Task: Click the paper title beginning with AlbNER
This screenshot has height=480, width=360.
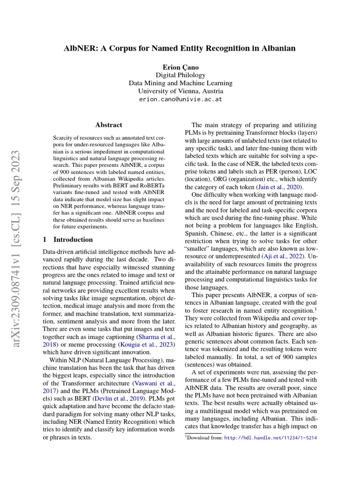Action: click(180, 48)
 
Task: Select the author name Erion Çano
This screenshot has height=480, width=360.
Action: click(180, 67)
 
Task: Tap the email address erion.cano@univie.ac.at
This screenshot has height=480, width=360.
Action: click(180, 100)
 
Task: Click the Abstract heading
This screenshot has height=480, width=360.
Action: click(109, 125)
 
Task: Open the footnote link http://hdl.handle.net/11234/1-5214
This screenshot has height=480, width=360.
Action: click(271, 438)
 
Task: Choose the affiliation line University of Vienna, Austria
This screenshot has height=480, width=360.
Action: click(180, 91)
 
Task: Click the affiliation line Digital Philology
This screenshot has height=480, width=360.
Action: click(180, 75)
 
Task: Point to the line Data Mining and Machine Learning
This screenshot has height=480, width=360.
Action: click(180, 83)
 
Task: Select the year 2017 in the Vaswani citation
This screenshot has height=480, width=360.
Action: click(50, 390)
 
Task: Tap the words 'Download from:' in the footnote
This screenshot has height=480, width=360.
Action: click(204, 438)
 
